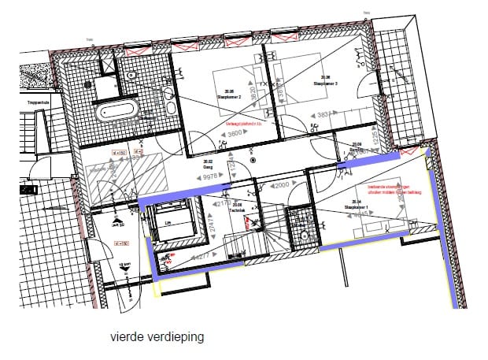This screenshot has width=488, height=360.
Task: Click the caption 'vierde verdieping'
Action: pyautogui.click(x=157, y=336)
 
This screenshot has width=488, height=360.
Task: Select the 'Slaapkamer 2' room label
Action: pyautogui.click(x=229, y=95)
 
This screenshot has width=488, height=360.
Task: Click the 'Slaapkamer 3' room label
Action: pyautogui.click(x=325, y=82)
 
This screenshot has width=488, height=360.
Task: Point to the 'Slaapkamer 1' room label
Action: pyautogui.click(x=356, y=206)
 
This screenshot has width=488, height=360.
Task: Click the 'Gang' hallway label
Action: pyautogui.click(x=209, y=167)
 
